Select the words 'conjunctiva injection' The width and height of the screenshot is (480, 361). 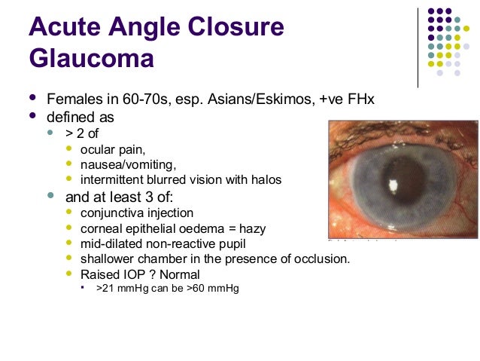137,213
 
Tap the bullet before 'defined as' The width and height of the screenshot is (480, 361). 32,118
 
